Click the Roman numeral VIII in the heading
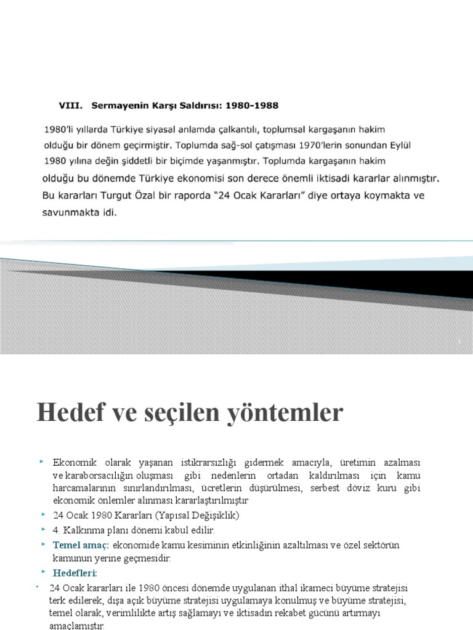pos(68,105)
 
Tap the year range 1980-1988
pos(251,105)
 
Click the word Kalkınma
pos(86,530)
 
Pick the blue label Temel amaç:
pos(81,546)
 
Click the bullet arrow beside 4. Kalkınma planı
pos(43,529)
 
